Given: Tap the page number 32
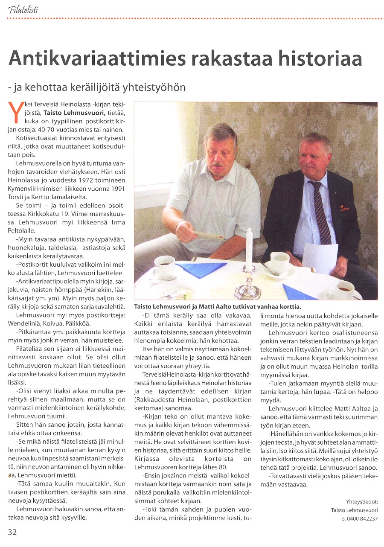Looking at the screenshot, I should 12,532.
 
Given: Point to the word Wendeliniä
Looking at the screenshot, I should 27,323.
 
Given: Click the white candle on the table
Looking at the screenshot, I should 249,250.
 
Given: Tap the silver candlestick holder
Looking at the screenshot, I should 249,284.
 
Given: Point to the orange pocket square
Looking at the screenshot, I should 344,208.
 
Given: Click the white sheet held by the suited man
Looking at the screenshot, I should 320,258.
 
